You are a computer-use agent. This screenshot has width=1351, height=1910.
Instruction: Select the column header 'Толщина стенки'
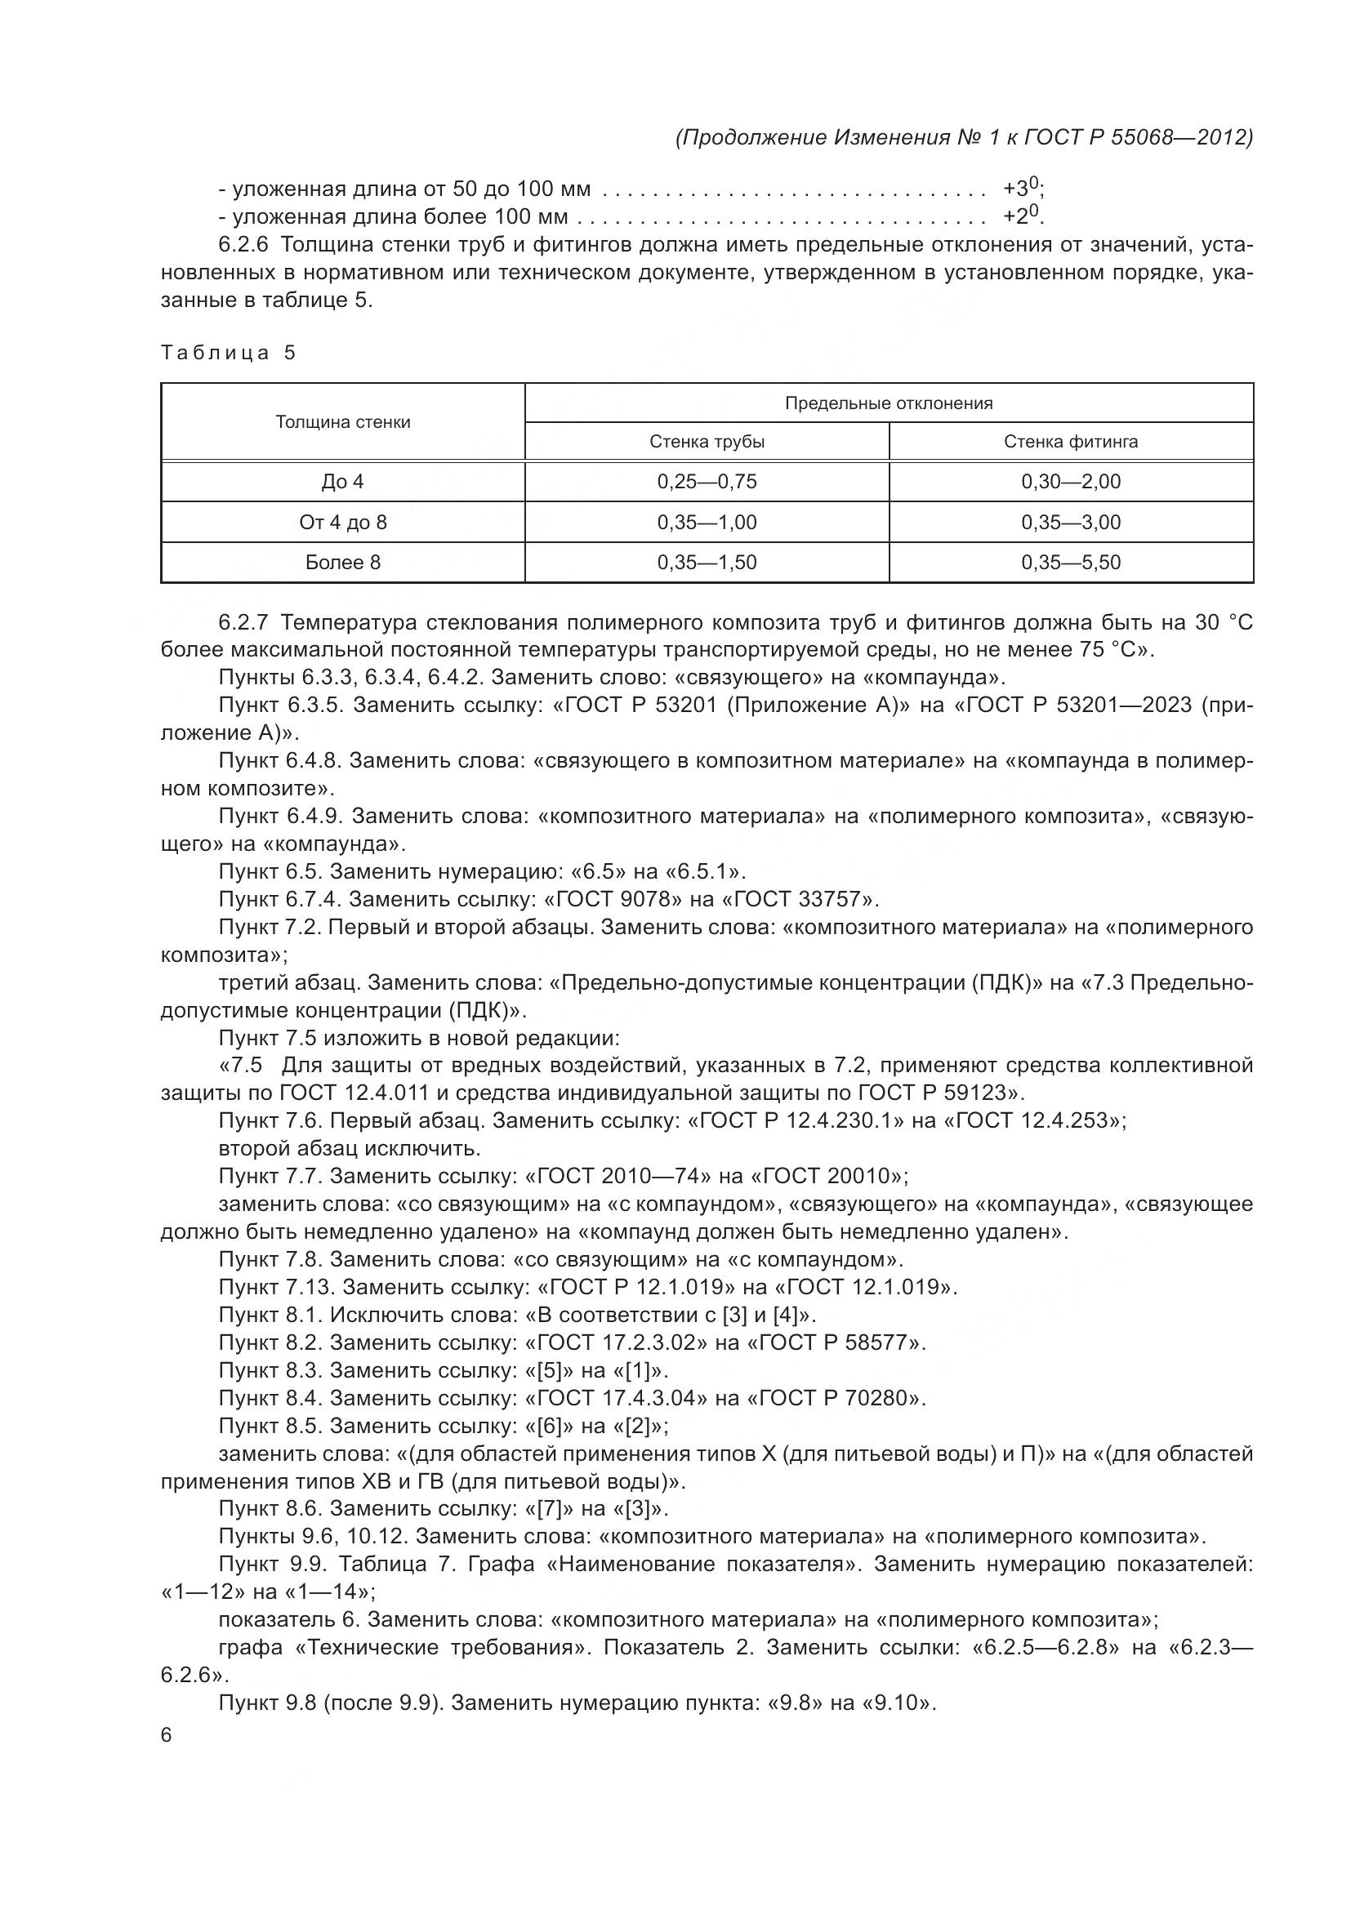point(343,421)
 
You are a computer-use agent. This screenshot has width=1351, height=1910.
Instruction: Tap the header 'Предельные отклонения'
point(889,403)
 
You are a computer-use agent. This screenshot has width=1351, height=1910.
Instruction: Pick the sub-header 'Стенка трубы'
point(707,442)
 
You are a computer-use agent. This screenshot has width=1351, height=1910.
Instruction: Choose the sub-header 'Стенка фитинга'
point(1071,442)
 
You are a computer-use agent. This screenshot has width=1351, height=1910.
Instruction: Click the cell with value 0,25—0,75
point(707,482)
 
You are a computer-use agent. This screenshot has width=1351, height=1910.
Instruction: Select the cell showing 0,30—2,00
point(1071,482)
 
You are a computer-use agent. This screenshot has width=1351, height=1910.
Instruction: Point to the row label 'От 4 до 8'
point(343,523)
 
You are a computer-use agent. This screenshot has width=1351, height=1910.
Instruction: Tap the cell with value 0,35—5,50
point(1071,563)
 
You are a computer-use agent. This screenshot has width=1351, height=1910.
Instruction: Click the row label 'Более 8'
point(343,563)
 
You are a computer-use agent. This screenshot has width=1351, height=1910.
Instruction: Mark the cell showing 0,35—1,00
point(707,523)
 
